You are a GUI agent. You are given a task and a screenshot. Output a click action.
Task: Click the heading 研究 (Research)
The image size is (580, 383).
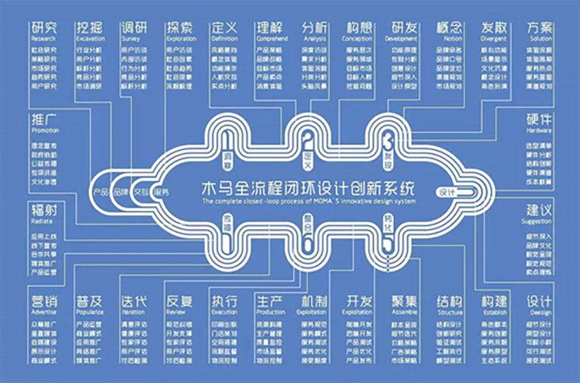coord(43,27)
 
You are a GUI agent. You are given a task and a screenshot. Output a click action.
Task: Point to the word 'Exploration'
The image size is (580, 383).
coord(179,38)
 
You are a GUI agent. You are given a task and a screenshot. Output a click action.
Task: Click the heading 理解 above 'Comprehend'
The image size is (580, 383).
coord(268,27)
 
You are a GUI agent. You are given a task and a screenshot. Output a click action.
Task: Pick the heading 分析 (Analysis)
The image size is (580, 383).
coord(314,27)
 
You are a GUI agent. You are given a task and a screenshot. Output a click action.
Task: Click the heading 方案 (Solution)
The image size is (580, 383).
coord(539,27)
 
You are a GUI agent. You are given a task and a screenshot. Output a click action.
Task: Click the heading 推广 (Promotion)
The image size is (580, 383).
coord(43,120)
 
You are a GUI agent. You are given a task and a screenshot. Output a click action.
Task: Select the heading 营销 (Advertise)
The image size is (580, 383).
coord(43,302)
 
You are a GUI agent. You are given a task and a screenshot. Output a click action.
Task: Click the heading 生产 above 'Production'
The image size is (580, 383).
coord(268,302)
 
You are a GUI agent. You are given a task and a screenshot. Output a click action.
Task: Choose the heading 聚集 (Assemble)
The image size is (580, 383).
coord(404,302)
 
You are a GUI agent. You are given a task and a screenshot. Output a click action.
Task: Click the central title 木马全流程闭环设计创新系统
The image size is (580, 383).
coord(309,186)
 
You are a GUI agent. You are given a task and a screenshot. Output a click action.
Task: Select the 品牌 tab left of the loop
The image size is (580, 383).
coord(121,192)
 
